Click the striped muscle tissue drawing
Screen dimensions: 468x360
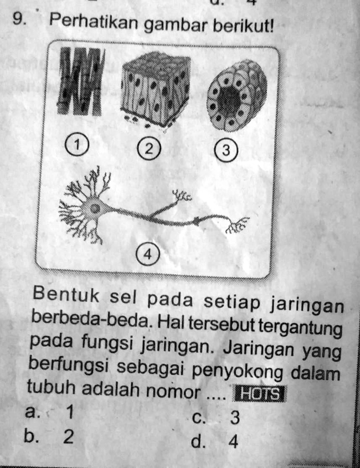81,81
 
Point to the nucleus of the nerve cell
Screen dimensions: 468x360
94,209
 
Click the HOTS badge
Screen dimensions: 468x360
259,394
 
